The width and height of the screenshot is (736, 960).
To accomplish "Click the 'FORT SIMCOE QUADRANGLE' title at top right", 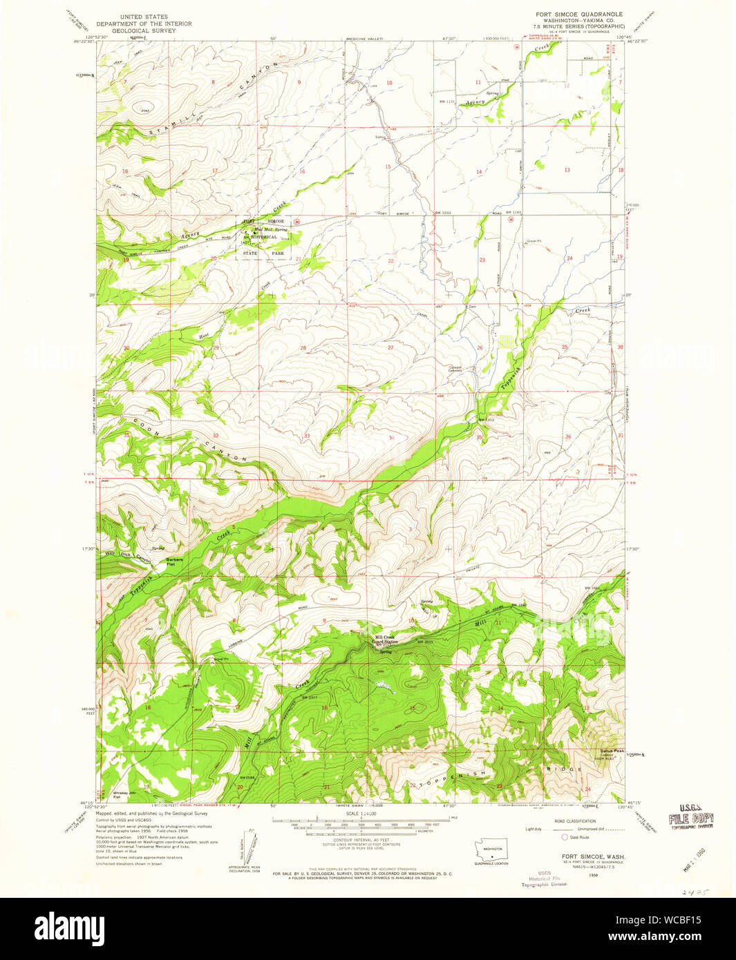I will pyautogui.click(x=579, y=14).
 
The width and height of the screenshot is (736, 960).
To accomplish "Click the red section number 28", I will pyautogui.click(x=303, y=348).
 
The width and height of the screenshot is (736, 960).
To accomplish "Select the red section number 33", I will pyautogui.click(x=307, y=436).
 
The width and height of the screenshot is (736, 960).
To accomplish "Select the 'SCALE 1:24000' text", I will pyautogui.click(x=361, y=814).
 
